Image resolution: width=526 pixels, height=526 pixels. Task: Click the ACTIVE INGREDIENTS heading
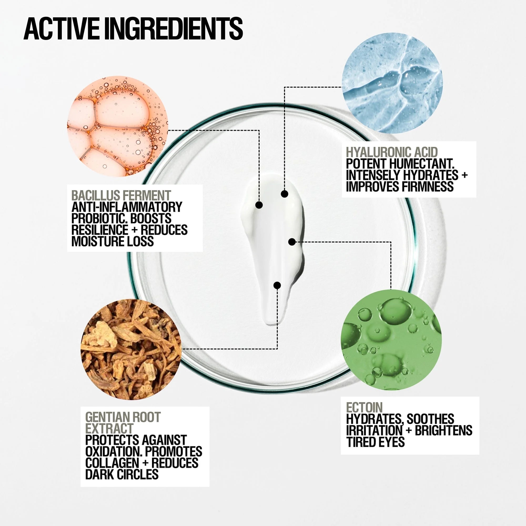pos(133,29)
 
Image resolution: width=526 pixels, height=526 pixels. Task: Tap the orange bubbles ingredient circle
pos(117,126)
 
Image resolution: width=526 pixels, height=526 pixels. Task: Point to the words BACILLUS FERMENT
pos(121,195)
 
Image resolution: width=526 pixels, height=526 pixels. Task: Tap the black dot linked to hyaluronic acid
pos(285,194)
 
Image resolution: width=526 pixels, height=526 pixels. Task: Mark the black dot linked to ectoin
pos(292,241)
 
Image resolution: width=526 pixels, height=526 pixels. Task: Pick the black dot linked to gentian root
pos(277,285)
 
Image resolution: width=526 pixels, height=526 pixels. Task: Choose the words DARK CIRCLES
pos(122,474)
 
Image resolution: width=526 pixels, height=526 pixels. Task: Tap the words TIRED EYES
pos(375,442)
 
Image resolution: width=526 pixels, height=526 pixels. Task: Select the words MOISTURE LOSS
pos(113,241)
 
